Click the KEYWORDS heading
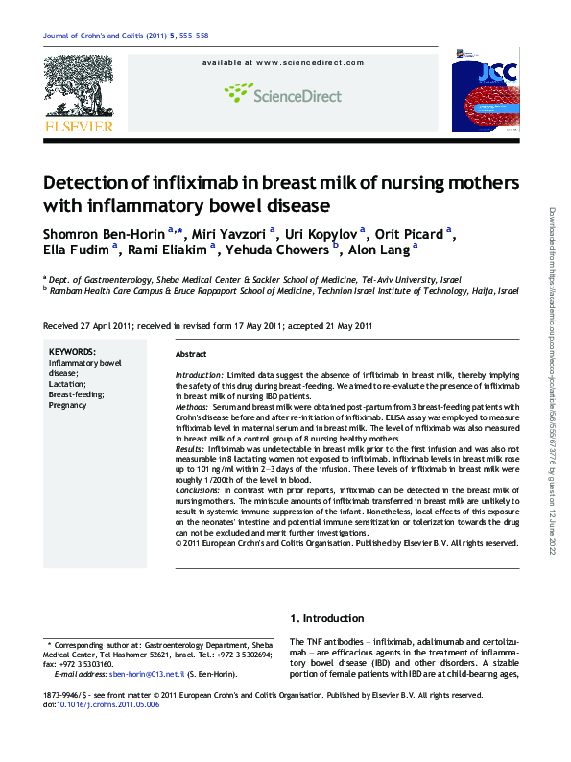click(x=72, y=352)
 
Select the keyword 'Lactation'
click(x=68, y=384)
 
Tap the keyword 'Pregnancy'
click(x=69, y=405)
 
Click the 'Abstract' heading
click(x=191, y=354)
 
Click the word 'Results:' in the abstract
click(x=190, y=448)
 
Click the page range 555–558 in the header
click(x=191, y=36)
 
